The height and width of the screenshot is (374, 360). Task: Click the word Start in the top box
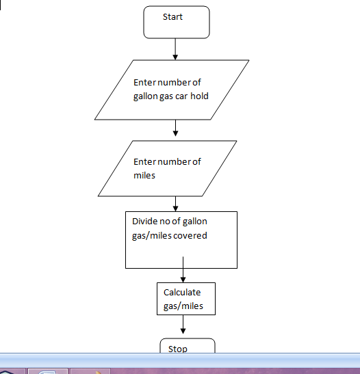click(x=172, y=17)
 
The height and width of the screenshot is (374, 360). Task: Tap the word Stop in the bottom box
click(x=178, y=349)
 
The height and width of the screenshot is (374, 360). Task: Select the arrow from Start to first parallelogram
click(x=175, y=49)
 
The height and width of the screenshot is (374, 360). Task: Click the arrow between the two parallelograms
click(x=175, y=128)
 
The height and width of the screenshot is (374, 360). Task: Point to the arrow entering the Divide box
click(x=175, y=204)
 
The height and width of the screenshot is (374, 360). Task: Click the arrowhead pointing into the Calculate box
click(x=183, y=280)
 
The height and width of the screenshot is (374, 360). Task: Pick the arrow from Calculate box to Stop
click(x=183, y=324)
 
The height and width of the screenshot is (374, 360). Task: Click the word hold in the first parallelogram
click(x=199, y=96)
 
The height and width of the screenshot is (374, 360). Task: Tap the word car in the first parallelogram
click(x=181, y=96)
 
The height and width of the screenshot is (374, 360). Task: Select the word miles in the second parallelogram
click(x=144, y=176)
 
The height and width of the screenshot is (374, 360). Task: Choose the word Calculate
click(x=182, y=293)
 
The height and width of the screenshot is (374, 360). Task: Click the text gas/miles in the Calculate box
click(x=183, y=306)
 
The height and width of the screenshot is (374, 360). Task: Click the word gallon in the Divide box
click(x=194, y=222)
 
